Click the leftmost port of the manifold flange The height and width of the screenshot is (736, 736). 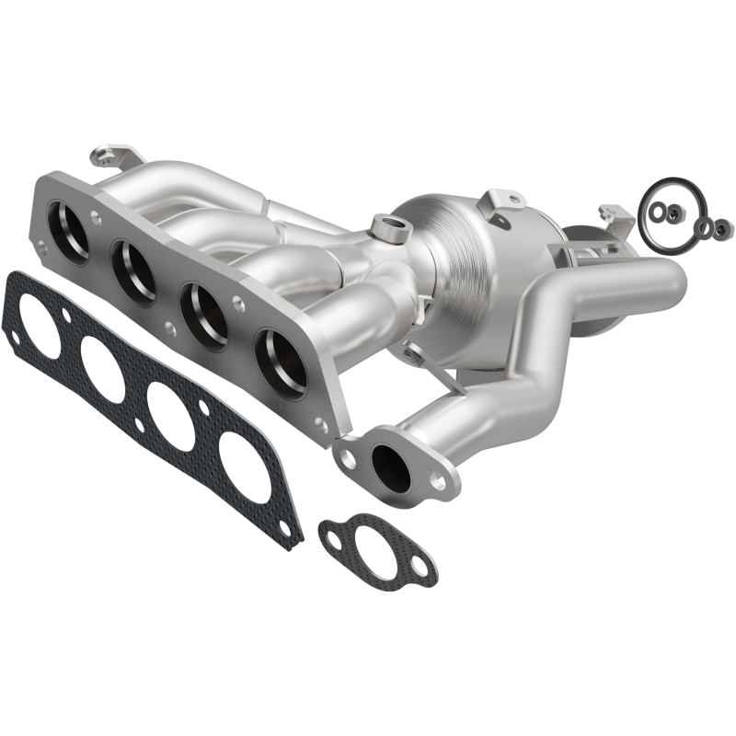[x=73, y=225]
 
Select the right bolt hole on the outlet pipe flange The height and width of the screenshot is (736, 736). [x=439, y=479]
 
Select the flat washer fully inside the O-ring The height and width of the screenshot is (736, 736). [x=659, y=211]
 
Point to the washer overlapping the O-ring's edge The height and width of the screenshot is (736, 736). [x=705, y=227]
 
